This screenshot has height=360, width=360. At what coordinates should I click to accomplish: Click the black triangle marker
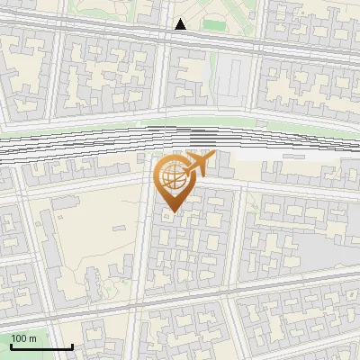(x=181, y=24)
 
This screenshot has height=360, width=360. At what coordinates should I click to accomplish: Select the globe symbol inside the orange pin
(x=171, y=177)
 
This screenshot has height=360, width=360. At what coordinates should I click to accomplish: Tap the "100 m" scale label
(x=24, y=338)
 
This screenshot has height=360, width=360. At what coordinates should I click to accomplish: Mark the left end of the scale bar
(x=11, y=346)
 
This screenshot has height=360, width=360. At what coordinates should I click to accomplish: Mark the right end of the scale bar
(x=72, y=346)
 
